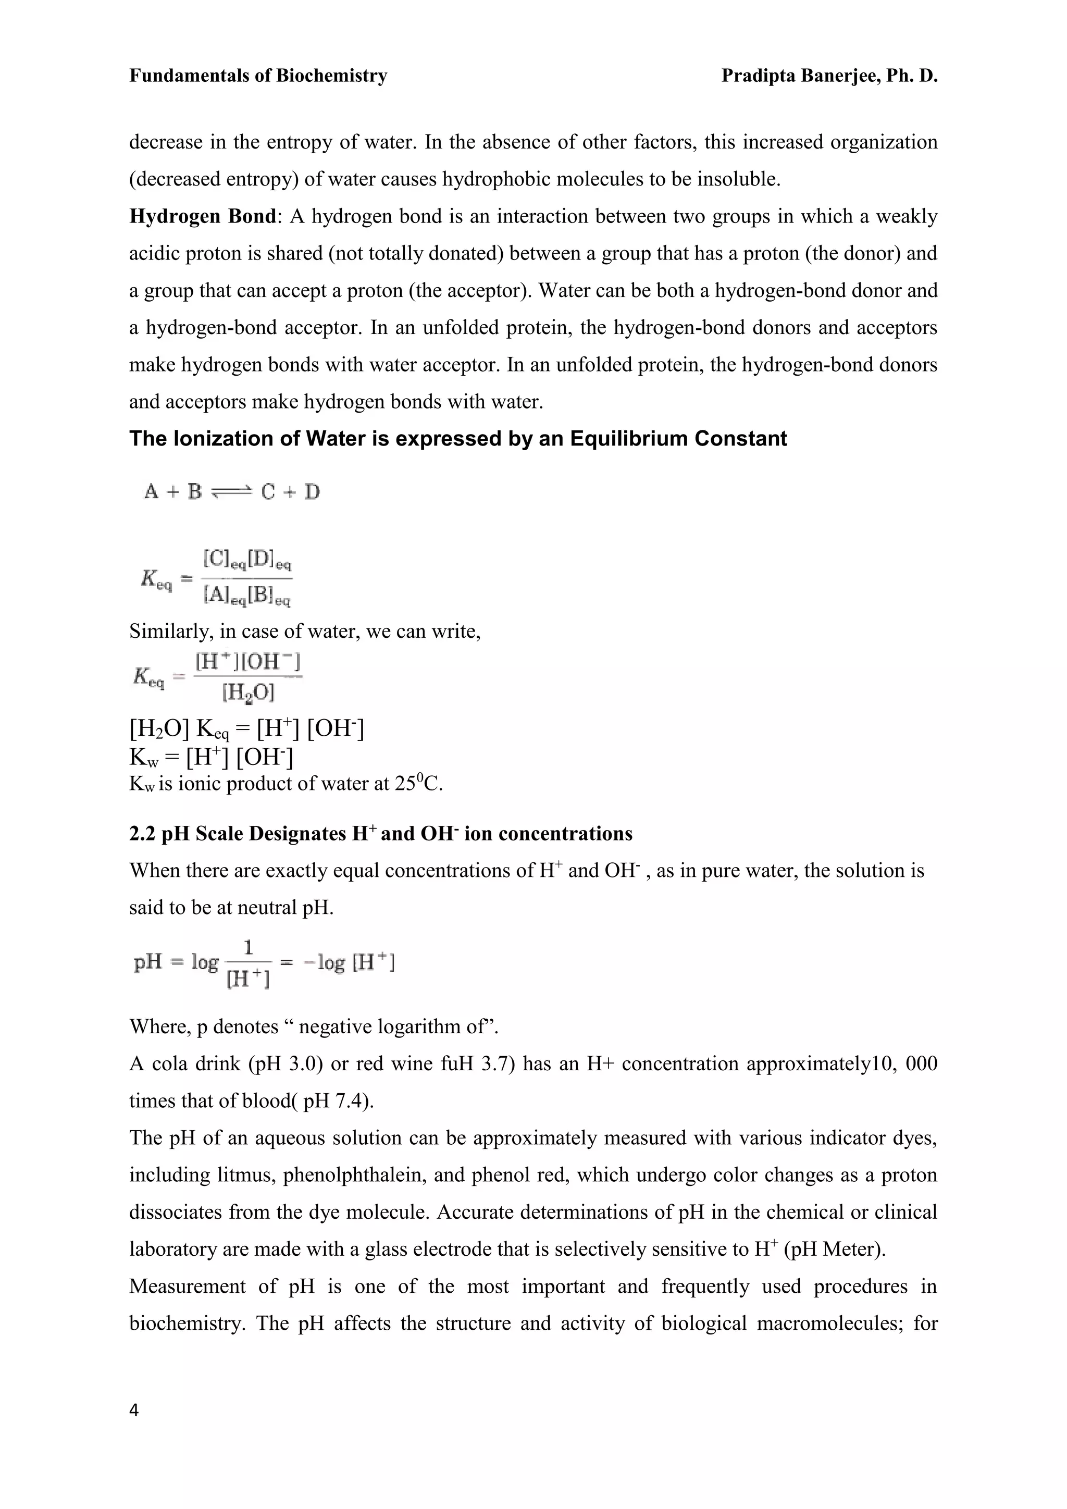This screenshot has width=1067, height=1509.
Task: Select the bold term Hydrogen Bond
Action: pos(202,216)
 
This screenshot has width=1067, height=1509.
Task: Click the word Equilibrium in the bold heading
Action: pos(629,438)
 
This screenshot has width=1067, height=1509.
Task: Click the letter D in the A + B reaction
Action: pos(312,491)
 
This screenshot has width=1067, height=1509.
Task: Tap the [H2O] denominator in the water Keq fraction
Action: pos(249,692)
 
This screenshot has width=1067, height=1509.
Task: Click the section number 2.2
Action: pos(143,834)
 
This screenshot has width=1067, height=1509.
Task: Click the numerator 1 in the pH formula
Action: pos(249,948)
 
